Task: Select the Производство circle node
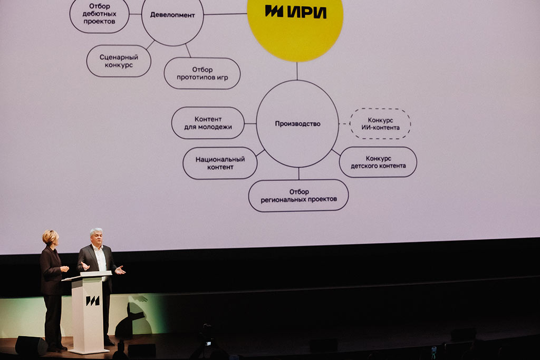click(297, 124)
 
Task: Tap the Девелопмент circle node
click(172, 16)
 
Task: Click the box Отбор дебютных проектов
click(99, 14)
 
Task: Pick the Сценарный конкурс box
click(119, 61)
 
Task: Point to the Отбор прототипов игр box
click(202, 73)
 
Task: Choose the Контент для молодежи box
click(208, 123)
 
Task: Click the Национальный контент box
click(220, 163)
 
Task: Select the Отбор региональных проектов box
click(298, 196)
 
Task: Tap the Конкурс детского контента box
click(378, 162)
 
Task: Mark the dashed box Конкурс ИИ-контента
click(380, 124)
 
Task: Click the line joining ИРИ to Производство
click(297, 71)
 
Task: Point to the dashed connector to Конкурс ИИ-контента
click(344, 124)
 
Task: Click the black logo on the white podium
click(93, 300)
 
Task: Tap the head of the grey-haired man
click(96, 236)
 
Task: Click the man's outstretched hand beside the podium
click(120, 270)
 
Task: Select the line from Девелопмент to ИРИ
click(225, 14)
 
